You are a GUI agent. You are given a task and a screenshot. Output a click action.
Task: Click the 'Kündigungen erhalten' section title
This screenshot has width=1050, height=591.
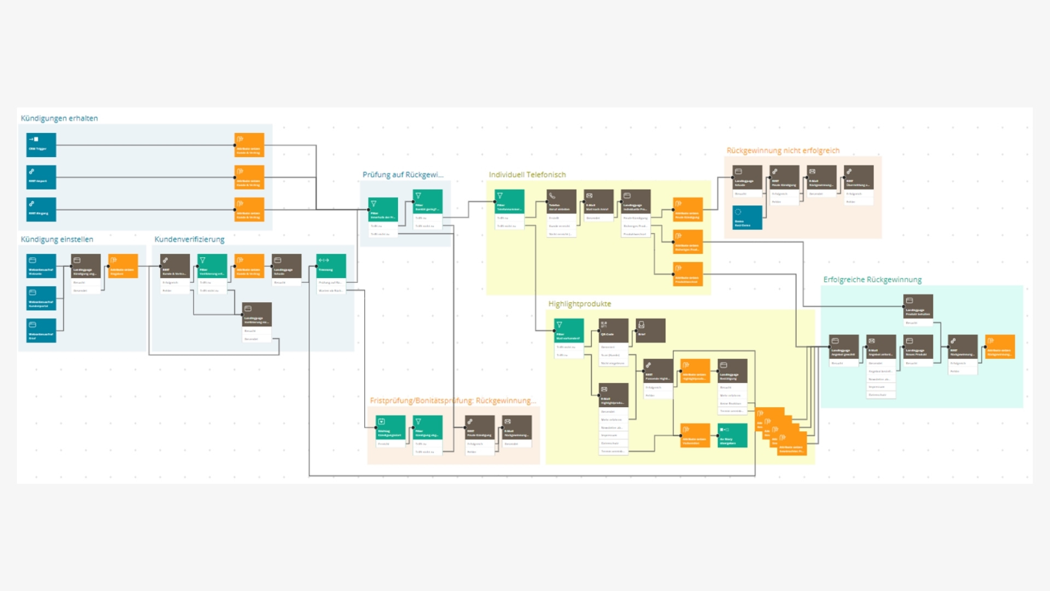[x=59, y=118]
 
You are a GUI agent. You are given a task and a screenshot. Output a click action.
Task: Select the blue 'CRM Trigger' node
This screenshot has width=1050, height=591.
[x=41, y=145]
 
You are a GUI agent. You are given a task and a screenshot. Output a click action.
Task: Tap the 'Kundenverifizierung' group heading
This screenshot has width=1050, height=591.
[x=189, y=239]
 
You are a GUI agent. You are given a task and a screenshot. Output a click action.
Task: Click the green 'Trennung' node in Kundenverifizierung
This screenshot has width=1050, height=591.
[x=331, y=266]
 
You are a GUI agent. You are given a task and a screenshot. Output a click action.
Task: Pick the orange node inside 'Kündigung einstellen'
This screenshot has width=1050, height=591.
[x=123, y=266]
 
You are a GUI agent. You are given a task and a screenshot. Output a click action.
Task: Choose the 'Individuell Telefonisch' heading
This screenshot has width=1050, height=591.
[x=527, y=175]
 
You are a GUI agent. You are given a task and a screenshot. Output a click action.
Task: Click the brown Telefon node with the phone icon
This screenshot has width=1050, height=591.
[x=561, y=201]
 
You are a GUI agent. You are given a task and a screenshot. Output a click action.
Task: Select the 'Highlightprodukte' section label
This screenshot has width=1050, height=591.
[x=580, y=304]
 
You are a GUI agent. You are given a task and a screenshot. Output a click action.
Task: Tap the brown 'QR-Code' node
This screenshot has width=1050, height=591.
[x=613, y=331]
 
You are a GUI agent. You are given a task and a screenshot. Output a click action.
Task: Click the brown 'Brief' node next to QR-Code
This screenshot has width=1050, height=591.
[x=650, y=331]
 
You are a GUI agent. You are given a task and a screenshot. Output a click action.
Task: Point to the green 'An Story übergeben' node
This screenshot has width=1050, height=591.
[x=732, y=436]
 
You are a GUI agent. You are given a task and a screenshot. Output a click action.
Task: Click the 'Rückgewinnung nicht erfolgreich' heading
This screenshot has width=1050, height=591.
[x=783, y=150]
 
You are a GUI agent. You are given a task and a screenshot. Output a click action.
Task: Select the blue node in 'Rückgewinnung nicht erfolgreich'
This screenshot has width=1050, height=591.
[x=747, y=217]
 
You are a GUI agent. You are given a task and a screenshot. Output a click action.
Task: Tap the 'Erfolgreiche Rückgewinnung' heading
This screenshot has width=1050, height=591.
[x=872, y=280]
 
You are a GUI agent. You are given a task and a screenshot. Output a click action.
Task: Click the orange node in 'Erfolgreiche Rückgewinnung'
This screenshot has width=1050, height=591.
[x=1000, y=347]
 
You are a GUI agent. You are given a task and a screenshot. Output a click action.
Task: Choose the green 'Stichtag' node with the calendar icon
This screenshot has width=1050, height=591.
[x=390, y=427]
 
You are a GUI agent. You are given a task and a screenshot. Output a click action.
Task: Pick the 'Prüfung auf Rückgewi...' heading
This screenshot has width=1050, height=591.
[x=403, y=175]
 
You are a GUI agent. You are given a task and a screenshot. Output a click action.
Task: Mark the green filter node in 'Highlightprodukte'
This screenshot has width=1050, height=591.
[x=569, y=331]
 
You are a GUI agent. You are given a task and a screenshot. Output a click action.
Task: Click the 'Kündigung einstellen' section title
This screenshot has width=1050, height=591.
[x=57, y=239]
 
